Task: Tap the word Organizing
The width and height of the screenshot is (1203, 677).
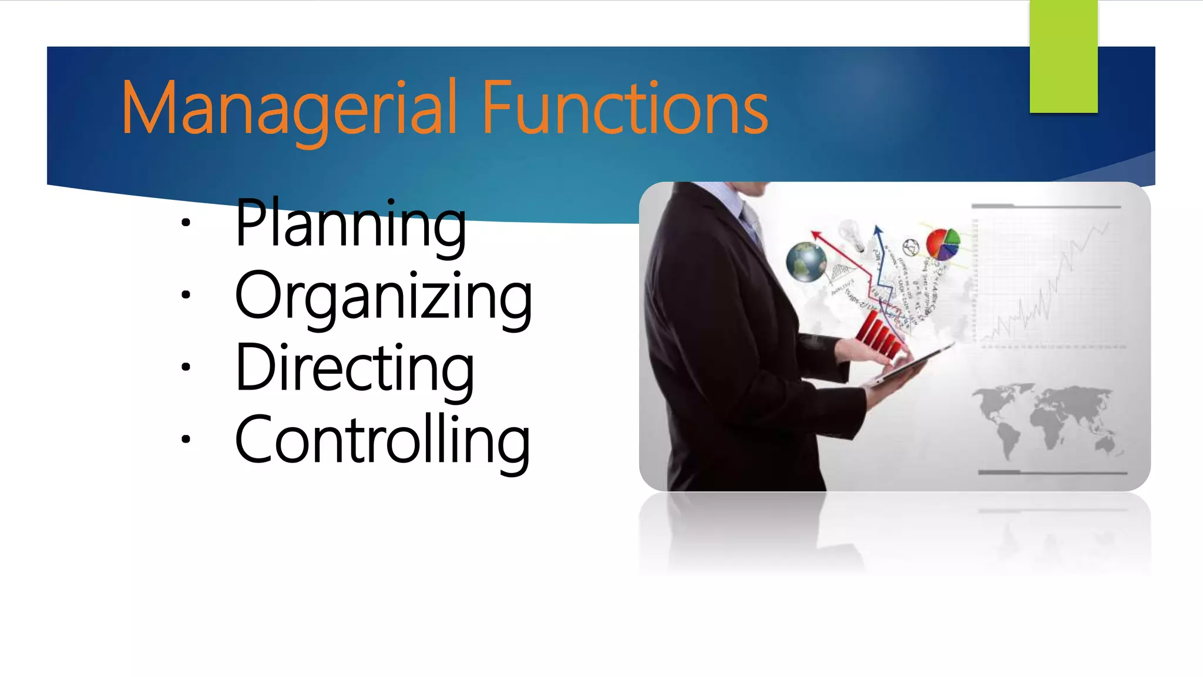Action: [383, 297]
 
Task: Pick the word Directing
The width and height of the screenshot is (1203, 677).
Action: [354, 369]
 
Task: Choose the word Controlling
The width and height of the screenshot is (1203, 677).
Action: [382, 441]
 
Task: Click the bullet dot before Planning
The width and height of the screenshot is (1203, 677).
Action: [186, 223]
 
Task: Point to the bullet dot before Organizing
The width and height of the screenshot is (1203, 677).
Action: [186, 295]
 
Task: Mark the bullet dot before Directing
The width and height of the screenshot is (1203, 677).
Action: [186, 367]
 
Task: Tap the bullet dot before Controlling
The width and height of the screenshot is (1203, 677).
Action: [186, 439]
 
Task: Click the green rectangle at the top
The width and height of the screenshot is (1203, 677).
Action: [1063, 56]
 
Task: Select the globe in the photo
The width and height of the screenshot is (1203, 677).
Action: [806, 261]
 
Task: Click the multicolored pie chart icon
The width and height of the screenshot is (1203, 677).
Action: [943, 244]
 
